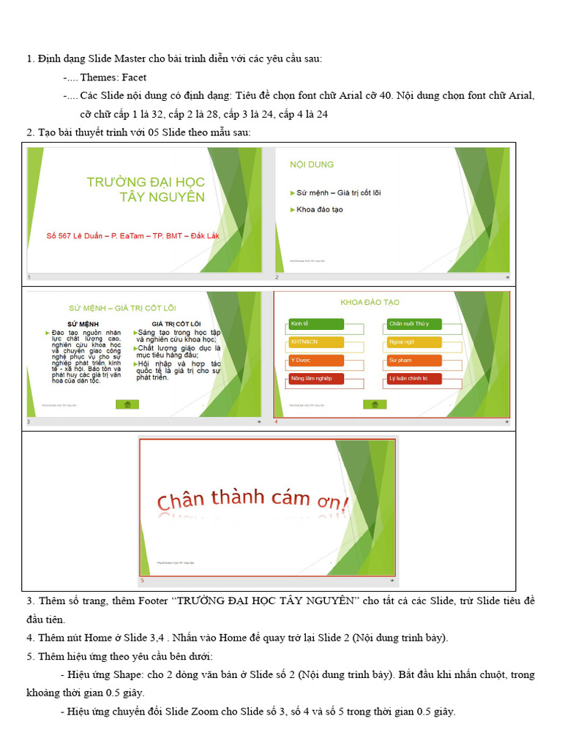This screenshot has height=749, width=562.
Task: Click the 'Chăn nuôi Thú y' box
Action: [414, 324]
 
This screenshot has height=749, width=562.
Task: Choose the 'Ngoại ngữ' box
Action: [414, 342]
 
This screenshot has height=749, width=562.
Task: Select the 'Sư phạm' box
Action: [414, 361]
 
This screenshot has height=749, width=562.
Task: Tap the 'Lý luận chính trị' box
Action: [414, 379]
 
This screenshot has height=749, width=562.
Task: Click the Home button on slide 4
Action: [375, 404]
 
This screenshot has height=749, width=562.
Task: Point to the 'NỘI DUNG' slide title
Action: [312, 165]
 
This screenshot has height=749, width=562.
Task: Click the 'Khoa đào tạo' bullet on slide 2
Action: [319, 210]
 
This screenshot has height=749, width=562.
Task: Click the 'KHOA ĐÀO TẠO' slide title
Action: [370, 302]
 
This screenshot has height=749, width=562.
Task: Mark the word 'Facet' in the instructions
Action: [134, 78]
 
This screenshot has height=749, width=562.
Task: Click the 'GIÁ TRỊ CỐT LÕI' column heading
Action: [176, 323]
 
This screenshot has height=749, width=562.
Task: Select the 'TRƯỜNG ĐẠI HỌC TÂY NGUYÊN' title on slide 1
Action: [146, 189]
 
